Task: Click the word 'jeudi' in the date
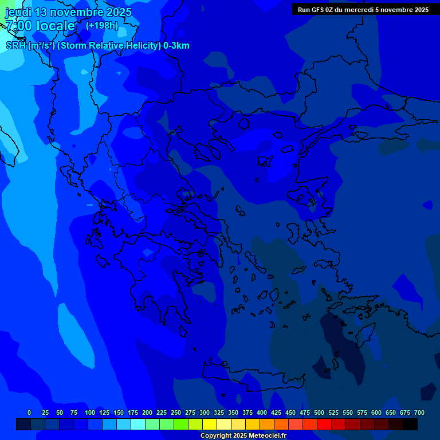pos(18,12)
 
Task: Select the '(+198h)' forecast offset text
pos(101,26)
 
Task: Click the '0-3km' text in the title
pos(176,46)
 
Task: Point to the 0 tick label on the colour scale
pos(29,412)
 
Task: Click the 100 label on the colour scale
pos(90,412)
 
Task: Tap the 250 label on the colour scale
pos(176,412)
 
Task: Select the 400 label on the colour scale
pos(262,412)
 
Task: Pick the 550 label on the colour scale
pos(348,412)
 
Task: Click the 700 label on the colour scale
pos(419,412)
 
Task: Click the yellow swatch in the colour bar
pos(210,424)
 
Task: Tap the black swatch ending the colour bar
pos(410,424)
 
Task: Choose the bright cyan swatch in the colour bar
pos(138,424)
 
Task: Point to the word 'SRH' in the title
pos(16,46)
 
